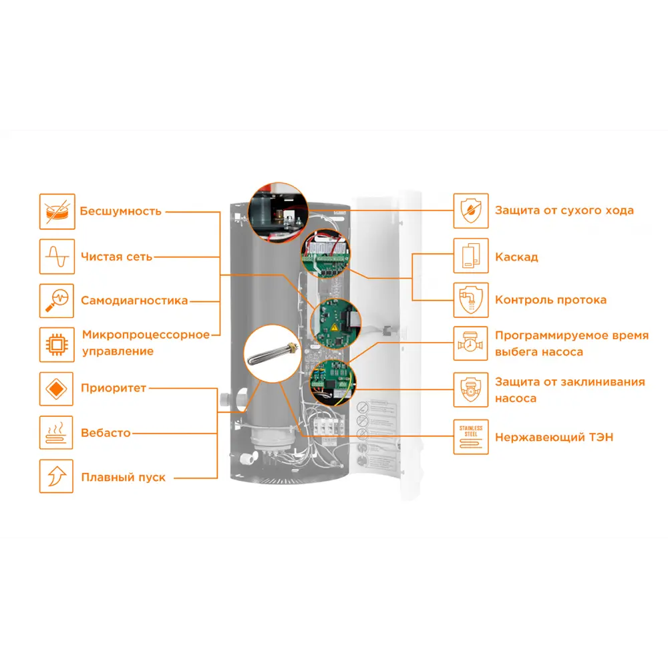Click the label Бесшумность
coord(120,212)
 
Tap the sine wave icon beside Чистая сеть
coord(57,257)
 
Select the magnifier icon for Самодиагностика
coord(57,300)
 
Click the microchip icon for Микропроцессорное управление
coord(57,344)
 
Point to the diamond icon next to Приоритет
coord(57,389)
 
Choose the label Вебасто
coord(106,433)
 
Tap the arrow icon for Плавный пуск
coord(57,477)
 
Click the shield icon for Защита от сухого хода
coord(471,211)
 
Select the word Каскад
coord(516,257)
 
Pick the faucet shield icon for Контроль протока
coord(471,300)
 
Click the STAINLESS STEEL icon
coord(471,437)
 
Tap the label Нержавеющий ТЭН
coord(554,438)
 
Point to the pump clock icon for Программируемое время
coord(471,344)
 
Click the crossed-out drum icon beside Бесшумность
coord(57,211)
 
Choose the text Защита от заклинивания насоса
coord(570,390)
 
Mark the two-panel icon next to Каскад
coord(471,256)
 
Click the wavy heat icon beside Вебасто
coord(57,433)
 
